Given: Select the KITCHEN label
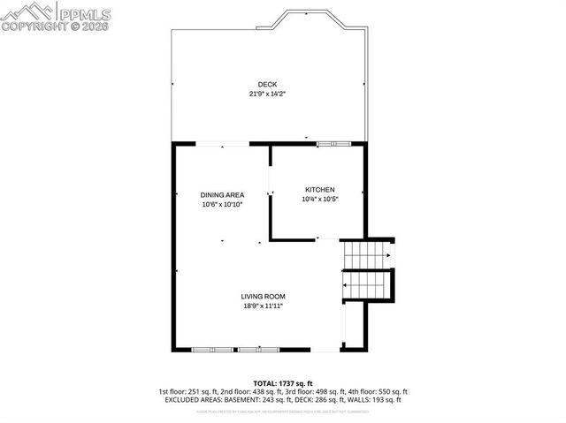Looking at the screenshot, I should coord(319,190).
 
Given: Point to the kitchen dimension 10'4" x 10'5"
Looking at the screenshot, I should coord(319,199).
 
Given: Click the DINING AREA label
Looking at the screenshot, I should coord(222,195).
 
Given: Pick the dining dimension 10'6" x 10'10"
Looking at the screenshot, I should coord(222,204).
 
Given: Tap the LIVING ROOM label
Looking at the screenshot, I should coord(264,297).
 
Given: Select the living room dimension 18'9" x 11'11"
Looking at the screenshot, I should coord(264,306).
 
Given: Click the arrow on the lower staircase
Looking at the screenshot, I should coord(347,286).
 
